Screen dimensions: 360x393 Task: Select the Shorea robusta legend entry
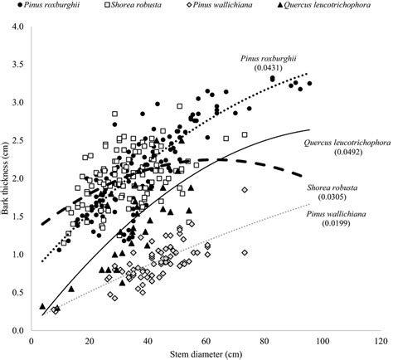coord(132,7)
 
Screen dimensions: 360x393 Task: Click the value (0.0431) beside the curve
coord(279,66)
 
